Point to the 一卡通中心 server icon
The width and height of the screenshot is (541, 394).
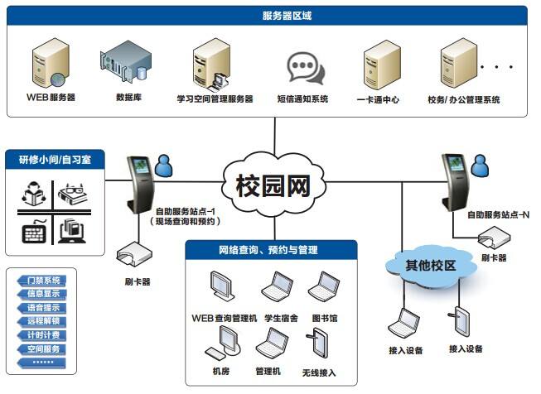point(378,65)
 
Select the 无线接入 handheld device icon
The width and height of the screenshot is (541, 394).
point(319,344)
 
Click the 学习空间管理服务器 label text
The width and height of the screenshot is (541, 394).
point(215,99)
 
